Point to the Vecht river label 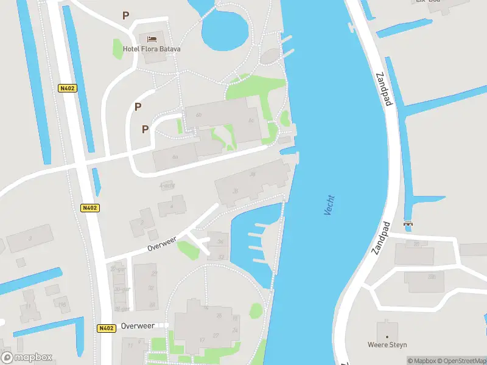click(x=329, y=206)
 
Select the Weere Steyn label click(x=387, y=345)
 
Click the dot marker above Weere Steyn click(x=387, y=335)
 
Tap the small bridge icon click(x=408, y=223)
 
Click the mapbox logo click(x=27, y=357)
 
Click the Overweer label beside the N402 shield click(x=138, y=326)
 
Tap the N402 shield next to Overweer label click(x=106, y=328)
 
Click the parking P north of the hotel click(x=126, y=16)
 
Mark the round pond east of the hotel click(x=225, y=30)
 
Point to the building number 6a click(x=175, y=157)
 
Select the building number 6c click(x=251, y=121)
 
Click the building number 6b click(x=198, y=115)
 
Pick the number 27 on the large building click(x=215, y=335)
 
